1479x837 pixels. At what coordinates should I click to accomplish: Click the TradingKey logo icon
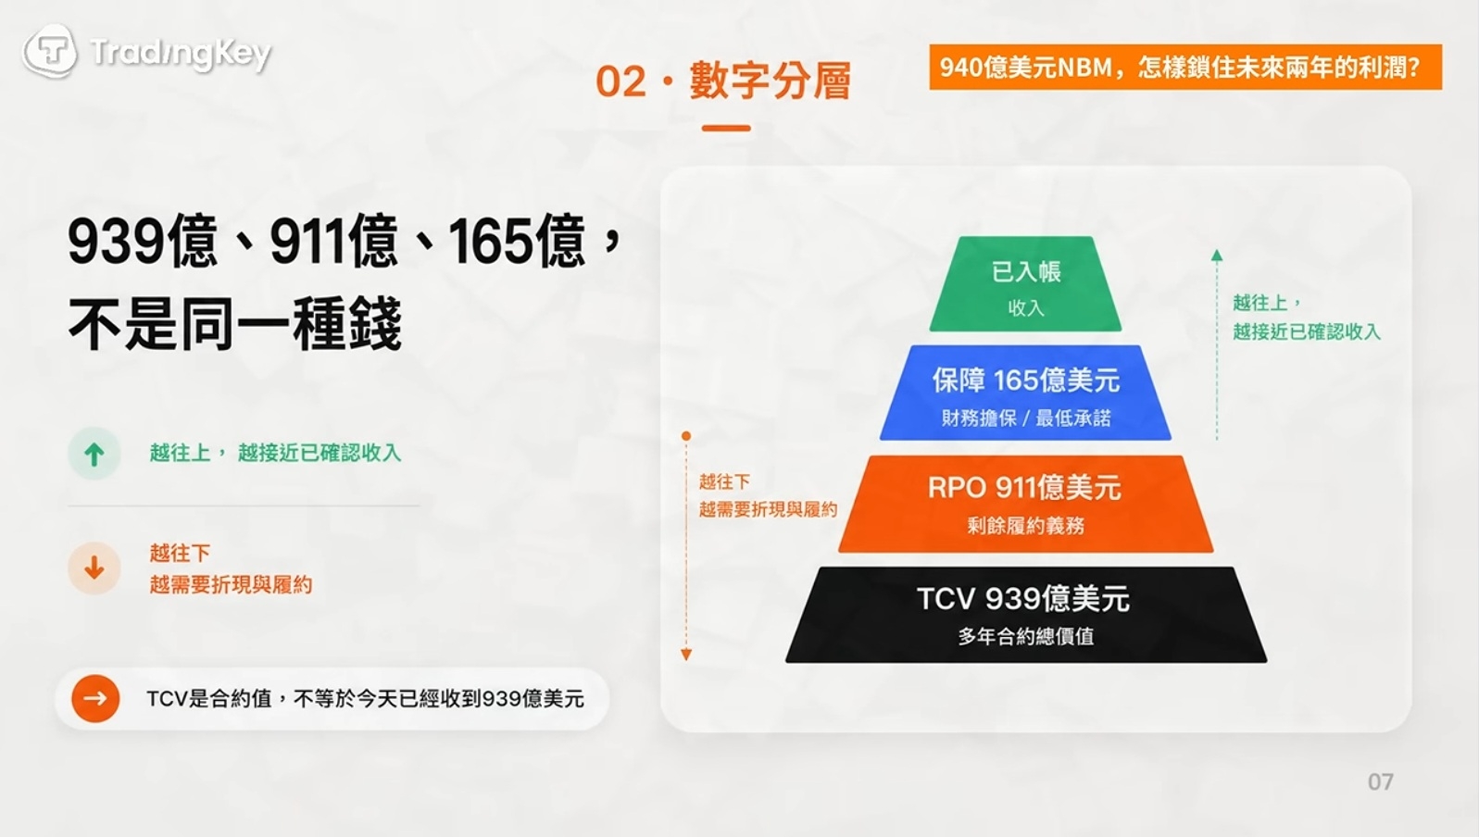pos(50,51)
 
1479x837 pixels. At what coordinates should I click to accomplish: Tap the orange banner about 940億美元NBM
pos(1185,67)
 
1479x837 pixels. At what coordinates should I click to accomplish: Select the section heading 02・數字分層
pos(723,81)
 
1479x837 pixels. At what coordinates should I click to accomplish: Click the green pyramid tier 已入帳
pos(1025,284)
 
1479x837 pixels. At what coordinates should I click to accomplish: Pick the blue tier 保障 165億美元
pos(1025,393)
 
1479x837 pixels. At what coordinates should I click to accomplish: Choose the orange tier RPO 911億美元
pos(1025,504)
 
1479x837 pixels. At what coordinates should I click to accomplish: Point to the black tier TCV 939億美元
pos(1025,615)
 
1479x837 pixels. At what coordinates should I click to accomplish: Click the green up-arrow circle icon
pos(94,454)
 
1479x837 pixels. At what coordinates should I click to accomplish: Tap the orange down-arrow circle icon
pos(94,568)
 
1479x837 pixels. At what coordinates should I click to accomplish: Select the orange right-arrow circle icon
pos(95,698)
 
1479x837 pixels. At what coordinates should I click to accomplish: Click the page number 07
pos(1381,782)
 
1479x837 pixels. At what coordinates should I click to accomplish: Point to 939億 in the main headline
pos(143,241)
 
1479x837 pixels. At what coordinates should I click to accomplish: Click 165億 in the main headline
pos(517,241)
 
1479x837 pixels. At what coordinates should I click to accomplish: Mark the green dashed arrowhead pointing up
pos(1217,256)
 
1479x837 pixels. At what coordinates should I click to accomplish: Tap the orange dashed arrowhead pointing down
pos(686,655)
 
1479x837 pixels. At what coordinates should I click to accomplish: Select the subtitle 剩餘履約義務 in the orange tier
pos(1025,525)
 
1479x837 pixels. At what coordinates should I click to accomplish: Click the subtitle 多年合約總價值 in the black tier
pos(1025,636)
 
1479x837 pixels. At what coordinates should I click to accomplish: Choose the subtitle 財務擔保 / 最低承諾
pos(1025,418)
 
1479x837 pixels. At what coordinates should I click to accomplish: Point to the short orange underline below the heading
pos(726,128)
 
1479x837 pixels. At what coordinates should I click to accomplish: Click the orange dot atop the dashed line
pos(686,436)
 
